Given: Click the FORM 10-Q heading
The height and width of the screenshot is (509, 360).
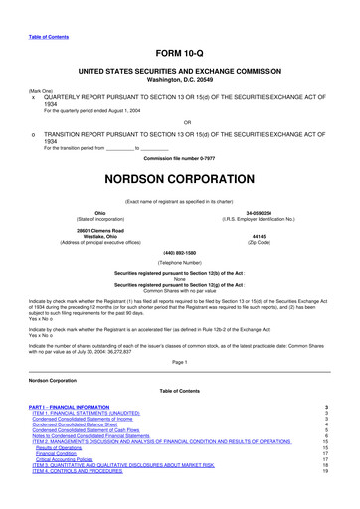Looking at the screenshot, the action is [179, 54].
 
